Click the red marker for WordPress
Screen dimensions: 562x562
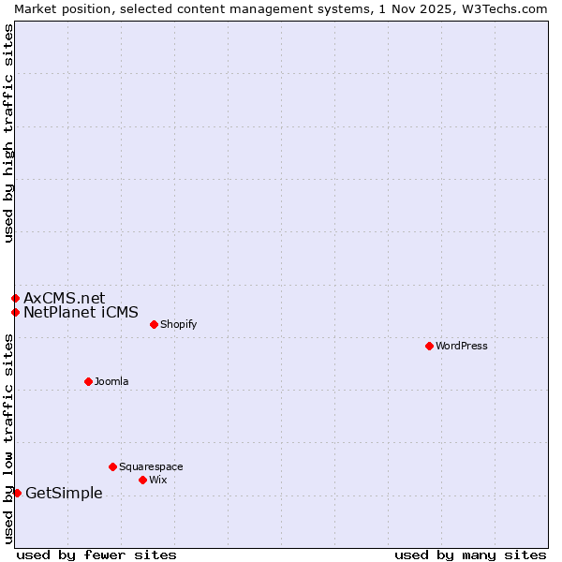coord(429,346)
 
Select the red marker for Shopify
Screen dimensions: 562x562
coord(154,324)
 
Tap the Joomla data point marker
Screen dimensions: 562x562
coord(88,381)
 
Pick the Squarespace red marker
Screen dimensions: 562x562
coord(112,466)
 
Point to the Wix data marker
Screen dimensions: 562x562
coord(142,480)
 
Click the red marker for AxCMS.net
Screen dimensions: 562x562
coord(15,298)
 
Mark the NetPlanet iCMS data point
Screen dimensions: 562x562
coord(15,312)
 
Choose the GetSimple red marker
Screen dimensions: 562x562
coord(17,493)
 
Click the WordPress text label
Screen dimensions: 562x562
coord(462,346)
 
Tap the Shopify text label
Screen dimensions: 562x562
coord(179,324)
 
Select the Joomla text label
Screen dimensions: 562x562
coord(111,381)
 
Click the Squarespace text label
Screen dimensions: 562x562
coord(151,466)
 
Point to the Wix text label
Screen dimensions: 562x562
coord(158,480)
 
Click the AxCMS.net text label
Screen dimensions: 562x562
coord(65,298)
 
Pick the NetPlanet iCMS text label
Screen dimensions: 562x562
coord(81,312)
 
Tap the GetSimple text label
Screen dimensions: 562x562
coord(64,493)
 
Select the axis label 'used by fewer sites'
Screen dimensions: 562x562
coord(96,555)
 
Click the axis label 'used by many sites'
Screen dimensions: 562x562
coord(470,555)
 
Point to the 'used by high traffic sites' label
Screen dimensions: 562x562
coord(8,133)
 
